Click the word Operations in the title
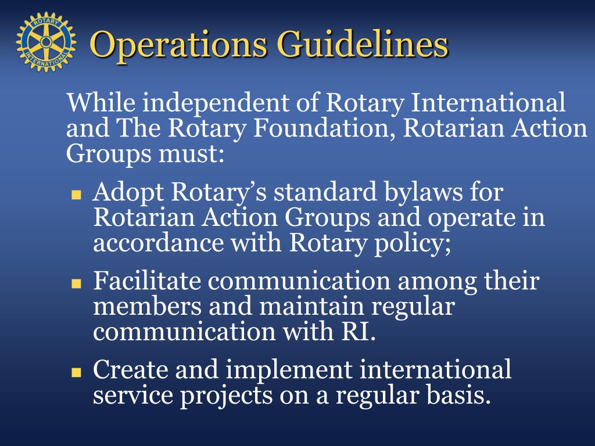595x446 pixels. point(175,45)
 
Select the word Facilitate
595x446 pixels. point(147,282)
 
